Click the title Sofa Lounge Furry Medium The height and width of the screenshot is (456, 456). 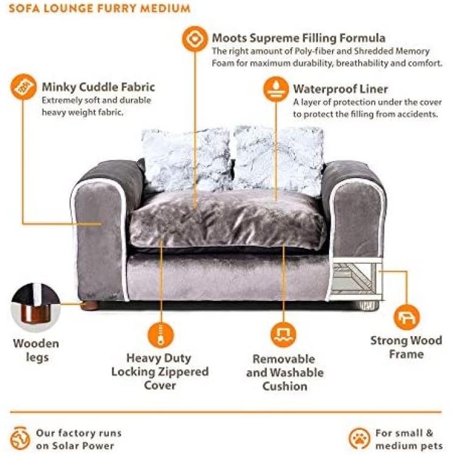tap(100, 8)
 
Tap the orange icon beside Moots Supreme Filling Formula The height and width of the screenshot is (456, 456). tap(195, 39)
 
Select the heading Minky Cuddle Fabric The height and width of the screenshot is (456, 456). tap(98, 87)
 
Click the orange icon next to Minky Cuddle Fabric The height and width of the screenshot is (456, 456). tap(23, 87)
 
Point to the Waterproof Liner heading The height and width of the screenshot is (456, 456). tap(340, 89)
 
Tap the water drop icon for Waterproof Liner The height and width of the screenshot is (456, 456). tap(276, 89)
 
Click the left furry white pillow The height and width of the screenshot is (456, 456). tap(187, 159)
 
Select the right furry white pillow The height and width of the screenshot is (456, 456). tap(278, 159)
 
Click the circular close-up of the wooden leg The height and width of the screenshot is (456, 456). tap(35, 308)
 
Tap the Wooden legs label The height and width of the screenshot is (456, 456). tap(36, 350)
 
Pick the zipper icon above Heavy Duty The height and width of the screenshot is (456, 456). tap(161, 335)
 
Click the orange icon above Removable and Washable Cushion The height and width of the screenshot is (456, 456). tap(283, 335)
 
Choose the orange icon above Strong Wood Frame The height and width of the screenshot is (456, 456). tap(406, 317)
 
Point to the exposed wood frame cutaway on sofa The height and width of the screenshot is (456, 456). tap(356, 278)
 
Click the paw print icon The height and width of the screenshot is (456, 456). tap(359, 438)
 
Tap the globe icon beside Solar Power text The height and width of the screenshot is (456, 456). tap(20, 438)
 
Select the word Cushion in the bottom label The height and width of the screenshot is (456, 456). tap(285, 387)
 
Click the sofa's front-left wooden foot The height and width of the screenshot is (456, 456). tap(89, 306)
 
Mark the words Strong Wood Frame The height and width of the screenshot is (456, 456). tap(406, 347)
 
